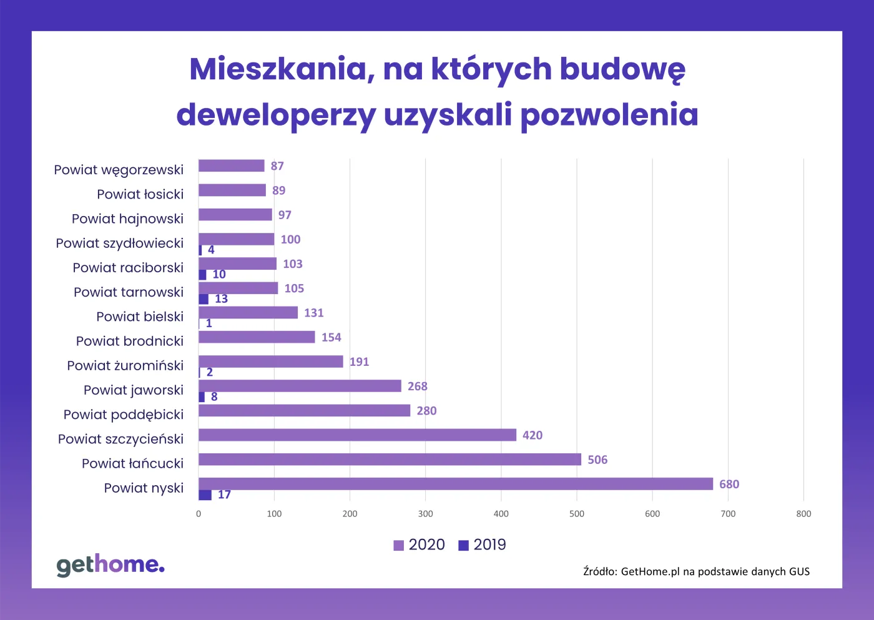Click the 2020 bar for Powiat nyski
456,484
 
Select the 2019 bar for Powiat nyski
205,495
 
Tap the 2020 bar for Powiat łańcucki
390,460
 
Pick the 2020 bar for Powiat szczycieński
357,435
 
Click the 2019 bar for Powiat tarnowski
204,299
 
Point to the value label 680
729,485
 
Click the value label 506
597,460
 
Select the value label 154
331,338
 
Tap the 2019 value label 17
224,495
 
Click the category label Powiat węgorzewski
119,170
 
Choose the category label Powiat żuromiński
125,365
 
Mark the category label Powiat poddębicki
124,415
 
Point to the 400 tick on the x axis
501,514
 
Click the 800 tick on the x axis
803,514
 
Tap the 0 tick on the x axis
199,514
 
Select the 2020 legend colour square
399,546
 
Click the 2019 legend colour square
463,546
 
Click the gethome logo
110,564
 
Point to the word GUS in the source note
799,571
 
